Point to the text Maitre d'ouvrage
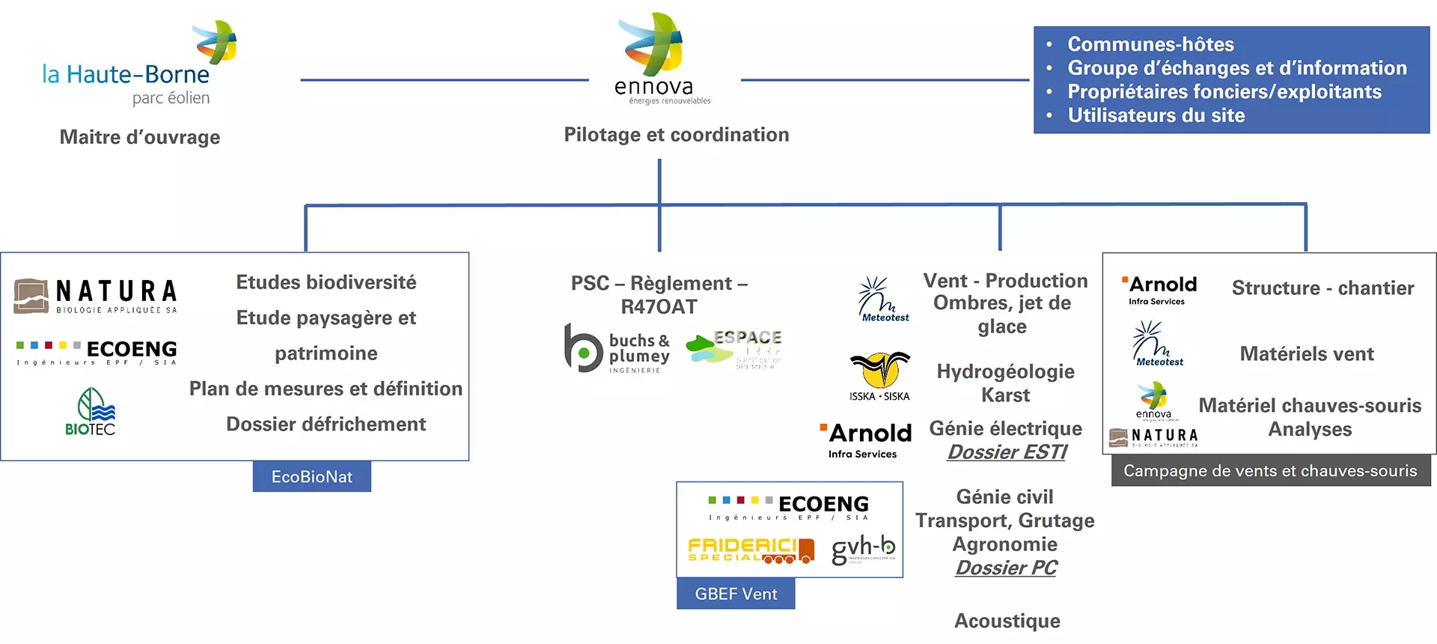(140, 137)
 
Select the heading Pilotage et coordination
(676, 135)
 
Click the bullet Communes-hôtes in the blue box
(1150, 44)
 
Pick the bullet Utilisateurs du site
(1156, 115)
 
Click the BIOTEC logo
(91, 412)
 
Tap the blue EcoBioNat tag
(311, 477)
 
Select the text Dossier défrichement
(326, 425)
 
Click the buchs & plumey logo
(617, 349)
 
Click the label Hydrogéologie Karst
(1005, 383)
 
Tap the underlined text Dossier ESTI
(1007, 452)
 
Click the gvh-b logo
(863, 550)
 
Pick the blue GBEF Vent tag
(736, 594)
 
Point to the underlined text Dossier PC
(1006, 568)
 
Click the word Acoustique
(1007, 621)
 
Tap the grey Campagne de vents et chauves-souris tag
(1270, 471)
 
